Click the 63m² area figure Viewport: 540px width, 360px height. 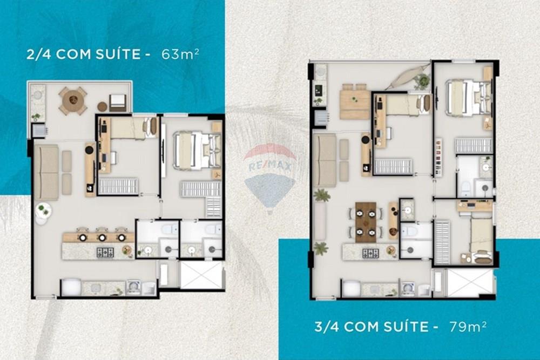click(x=177, y=54)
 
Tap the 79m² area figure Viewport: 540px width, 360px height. click(x=468, y=326)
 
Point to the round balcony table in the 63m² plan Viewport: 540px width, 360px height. click(x=73, y=100)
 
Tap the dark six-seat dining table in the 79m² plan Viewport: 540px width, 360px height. click(x=366, y=221)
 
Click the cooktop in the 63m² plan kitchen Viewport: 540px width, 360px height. click(x=105, y=252)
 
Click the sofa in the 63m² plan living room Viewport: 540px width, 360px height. click(x=46, y=172)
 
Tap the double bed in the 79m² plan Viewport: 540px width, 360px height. click(x=468, y=98)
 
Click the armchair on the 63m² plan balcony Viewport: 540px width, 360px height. click(x=118, y=102)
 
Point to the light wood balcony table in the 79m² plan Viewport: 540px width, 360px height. click(x=354, y=103)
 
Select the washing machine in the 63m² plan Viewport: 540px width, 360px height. click(x=133, y=287)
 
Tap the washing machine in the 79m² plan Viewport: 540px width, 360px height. click(x=408, y=288)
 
